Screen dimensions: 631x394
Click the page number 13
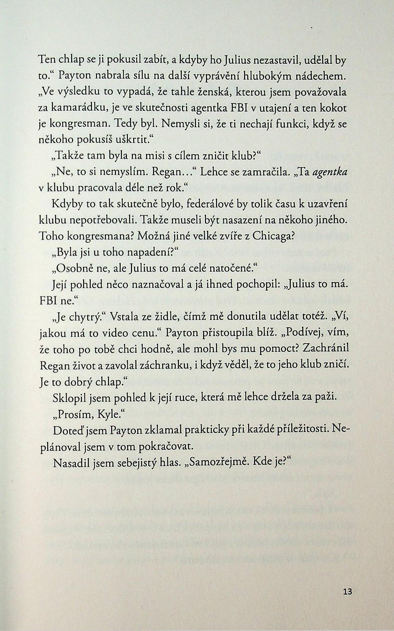348,591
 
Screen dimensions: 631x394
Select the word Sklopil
68,398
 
